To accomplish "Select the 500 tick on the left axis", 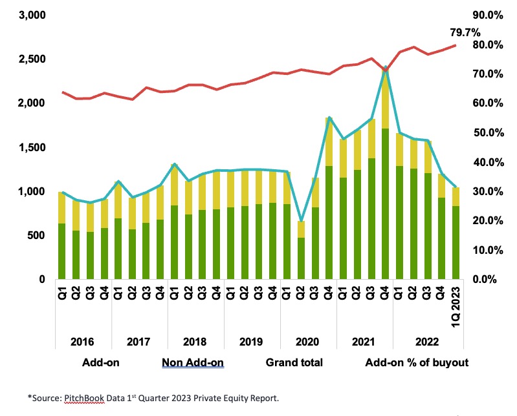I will click(x=34, y=235).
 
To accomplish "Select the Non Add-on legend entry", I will click(x=193, y=362).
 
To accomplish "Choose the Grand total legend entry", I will click(x=294, y=362).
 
